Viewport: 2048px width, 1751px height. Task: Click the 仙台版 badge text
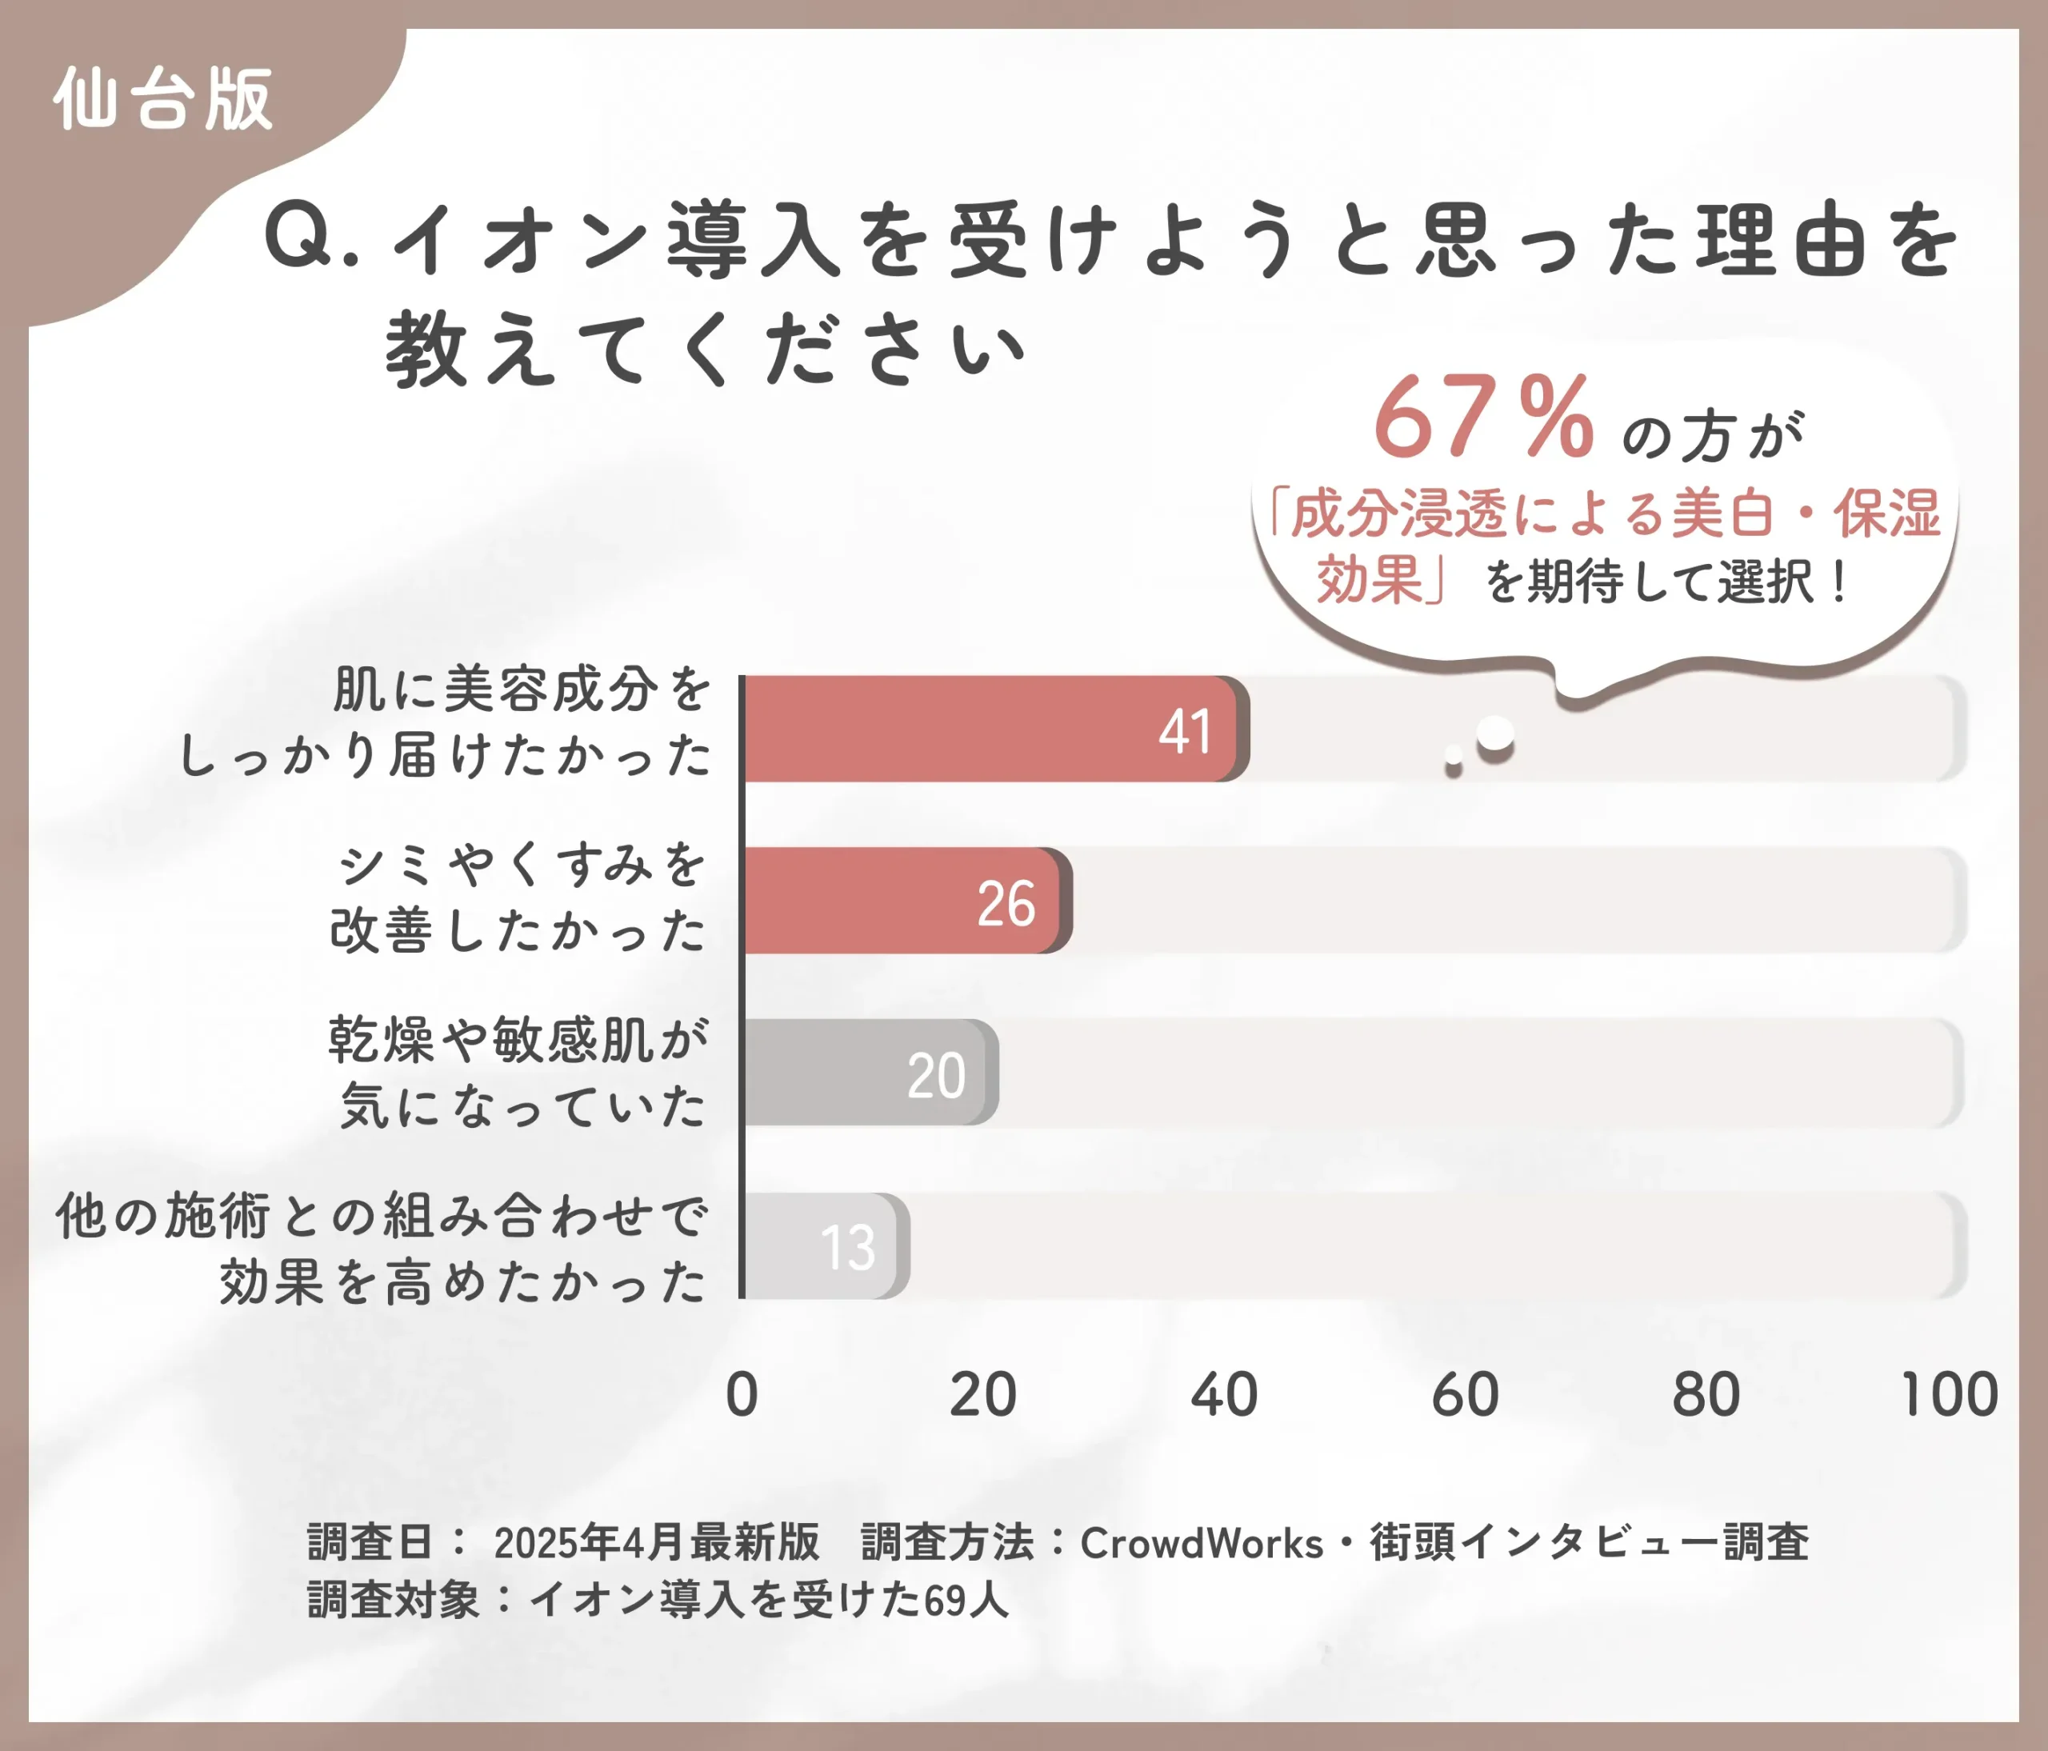tap(163, 99)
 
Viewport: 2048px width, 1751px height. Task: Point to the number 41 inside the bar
tap(1184, 732)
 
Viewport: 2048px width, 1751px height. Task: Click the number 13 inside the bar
tap(847, 1247)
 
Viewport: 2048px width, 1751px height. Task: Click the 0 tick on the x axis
tap(742, 1395)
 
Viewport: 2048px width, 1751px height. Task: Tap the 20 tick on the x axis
tap(982, 1395)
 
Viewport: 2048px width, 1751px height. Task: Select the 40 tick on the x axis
tap(1224, 1395)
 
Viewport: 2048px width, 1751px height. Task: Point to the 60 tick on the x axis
tap(1465, 1395)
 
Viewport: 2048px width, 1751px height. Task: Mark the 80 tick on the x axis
tap(1706, 1395)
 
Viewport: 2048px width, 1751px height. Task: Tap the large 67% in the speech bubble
tap(1482, 419)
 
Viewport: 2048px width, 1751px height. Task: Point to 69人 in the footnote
tap(966, 1601)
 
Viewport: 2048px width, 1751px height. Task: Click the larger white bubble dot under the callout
tap(1495, 734)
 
